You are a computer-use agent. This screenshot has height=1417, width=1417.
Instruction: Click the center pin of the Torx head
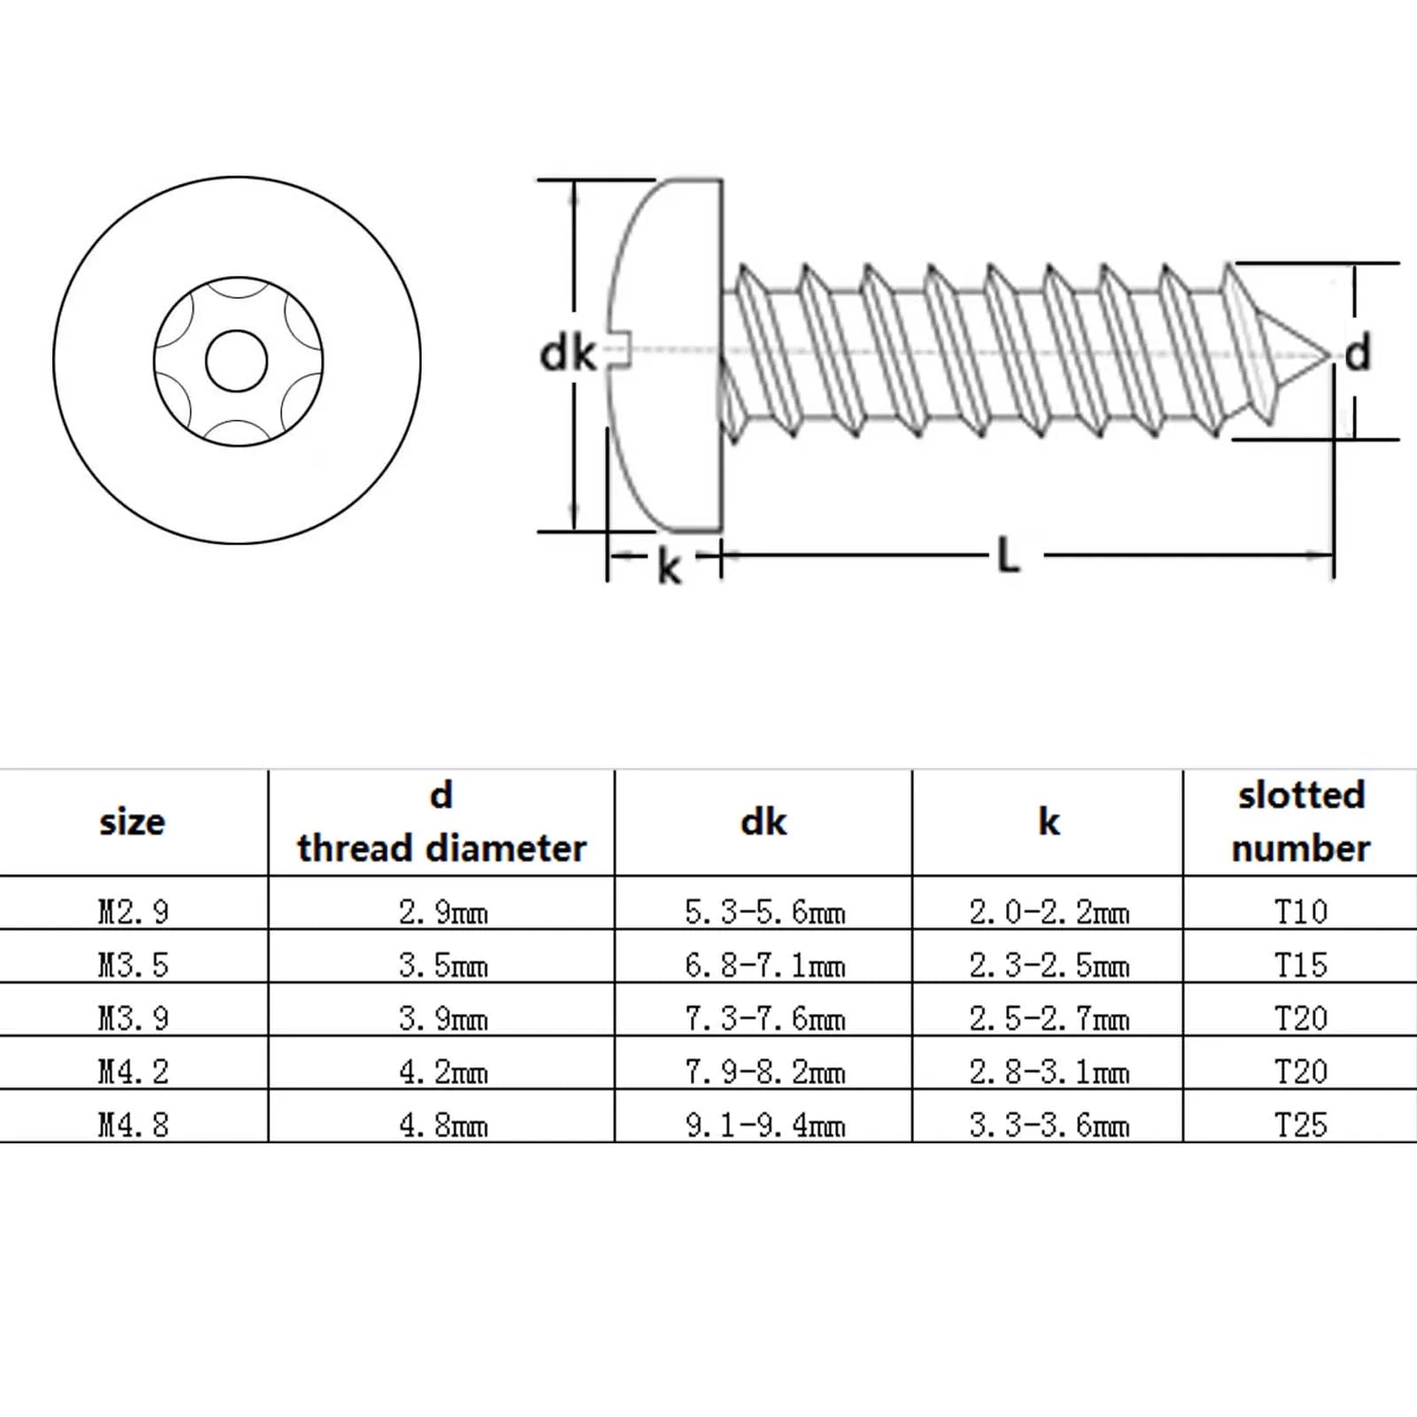pyautogui.click(x=236, y=361)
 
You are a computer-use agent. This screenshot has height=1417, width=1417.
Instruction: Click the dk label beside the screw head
pyautogui.click(x=568, y=353)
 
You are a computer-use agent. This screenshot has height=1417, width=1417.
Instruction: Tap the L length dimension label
pyautogui.click(x=1008, y=556)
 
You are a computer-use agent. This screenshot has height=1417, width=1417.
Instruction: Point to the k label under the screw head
pyautogui.click(x=670, y=567)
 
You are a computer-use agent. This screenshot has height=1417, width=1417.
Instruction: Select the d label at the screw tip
pyautogui.click(x=1358, y=352)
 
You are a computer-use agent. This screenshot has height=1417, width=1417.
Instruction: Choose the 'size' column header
pyautogui.click(x=132, y=823)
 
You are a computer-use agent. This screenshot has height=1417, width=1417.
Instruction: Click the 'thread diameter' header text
pyautogui.click(x=441, y=848)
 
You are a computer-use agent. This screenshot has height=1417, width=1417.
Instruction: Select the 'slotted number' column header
pyautogui.click(x=1300, y=822)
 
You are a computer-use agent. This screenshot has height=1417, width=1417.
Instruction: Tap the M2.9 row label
pyautogui.click(x=133, y=911)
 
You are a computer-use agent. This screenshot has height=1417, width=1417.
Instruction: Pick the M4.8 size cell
pyautogui.click(x=133, y=1125)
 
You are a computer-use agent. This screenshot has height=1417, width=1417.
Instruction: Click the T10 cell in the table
pyautogui.click(x=1300, y=911)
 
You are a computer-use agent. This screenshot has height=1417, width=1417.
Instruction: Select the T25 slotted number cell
pyautogui.click(x=1300, y=1125)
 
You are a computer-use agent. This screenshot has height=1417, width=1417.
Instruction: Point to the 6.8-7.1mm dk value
pyautogui.click(x=764, y=964)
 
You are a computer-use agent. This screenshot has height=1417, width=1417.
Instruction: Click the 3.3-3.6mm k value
pyautogui.click(x=1049, y=1125)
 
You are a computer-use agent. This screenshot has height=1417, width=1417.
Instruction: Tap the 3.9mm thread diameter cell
pyautogui.click(x=442, y=1018)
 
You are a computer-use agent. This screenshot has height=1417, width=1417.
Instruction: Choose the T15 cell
pyautogui.click(x=1300, y=964)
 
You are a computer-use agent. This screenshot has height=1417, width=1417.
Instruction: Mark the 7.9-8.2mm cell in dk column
pyautogui.click(x=764, y=1072)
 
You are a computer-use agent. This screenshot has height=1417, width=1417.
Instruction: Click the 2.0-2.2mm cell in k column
pyautogui.click(x=1049, y=911)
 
